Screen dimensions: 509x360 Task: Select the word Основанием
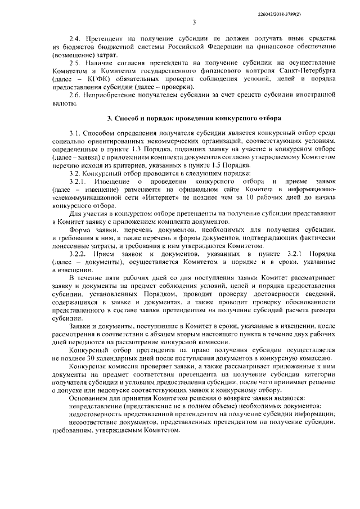tap(91, 398)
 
